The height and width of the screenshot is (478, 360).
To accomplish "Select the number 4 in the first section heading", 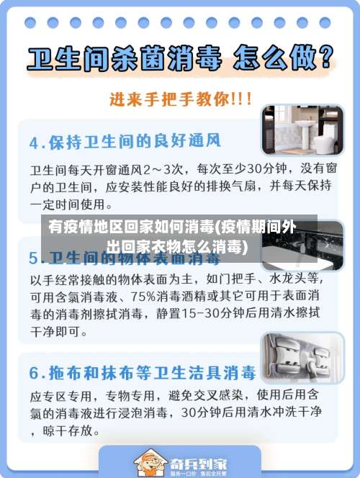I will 34,141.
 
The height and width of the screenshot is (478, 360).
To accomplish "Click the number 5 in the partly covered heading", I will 34,257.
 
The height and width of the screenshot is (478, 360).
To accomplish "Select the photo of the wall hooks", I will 302,357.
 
